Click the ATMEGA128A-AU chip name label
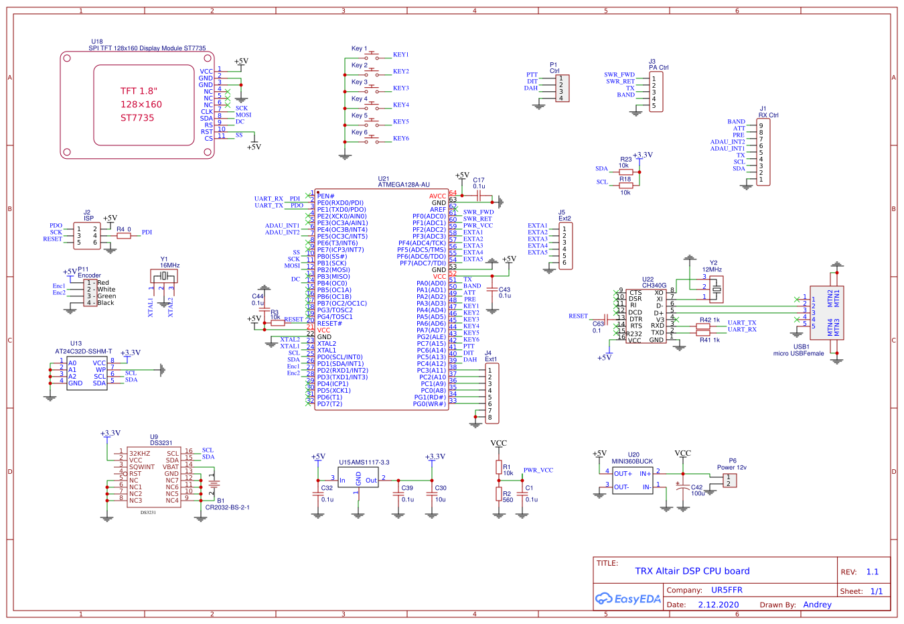click(x=404, y=185)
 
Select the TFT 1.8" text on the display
click(x=139, y=91)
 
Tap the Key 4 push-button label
click(x=360, y=99)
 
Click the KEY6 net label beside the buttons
click(x=400, y=139)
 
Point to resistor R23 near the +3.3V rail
click(x=625, y=172)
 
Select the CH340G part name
click(x=654, y=286)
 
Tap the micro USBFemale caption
click(x=798, y=353)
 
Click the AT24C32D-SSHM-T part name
click(x=84, y=351)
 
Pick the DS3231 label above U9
click(x=161, y=443)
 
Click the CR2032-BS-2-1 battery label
click(x=227, y=507)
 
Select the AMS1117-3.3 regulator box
click(x=358, y=479)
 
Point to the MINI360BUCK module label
click(x=632, y=461)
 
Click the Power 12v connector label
click(x=731, y=467)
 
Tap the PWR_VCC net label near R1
click(x=538, y=471)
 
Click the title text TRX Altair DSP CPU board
click(x=692, y=571)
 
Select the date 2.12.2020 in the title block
click(x=718, y=605)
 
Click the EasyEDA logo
click(x=627, y=599)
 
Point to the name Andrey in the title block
click(x=817, y=605)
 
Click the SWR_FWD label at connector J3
click(x=619, y=75)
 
